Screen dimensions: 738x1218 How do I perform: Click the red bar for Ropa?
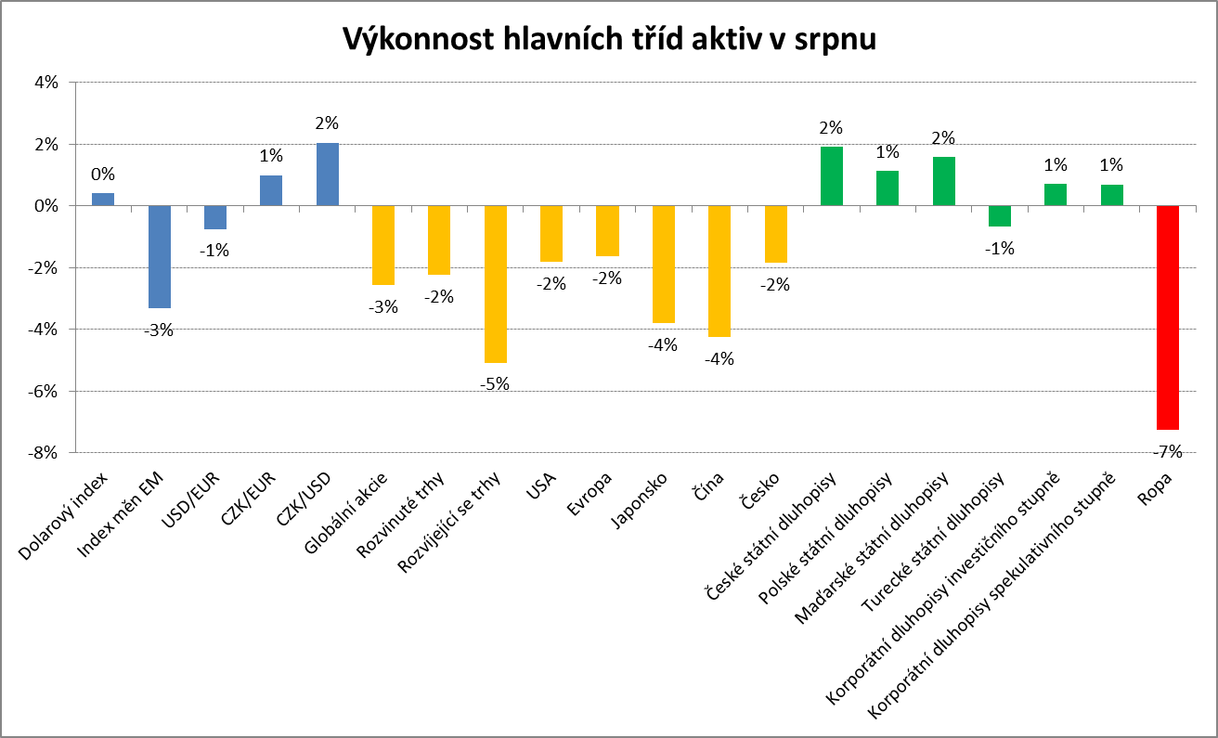(1167, 317)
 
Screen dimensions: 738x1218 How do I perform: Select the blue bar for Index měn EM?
(160, 256)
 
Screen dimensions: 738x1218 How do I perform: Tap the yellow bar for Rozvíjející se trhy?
(495, 283)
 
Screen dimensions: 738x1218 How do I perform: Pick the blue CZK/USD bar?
(328, 175)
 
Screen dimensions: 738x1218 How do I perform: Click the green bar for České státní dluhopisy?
(831, 176)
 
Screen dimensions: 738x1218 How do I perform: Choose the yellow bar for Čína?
(719, 271)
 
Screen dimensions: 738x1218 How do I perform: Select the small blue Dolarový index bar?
(103, 199)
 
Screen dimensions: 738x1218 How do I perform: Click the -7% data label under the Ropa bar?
(1167, 452)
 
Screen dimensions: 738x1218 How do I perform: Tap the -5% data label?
(495, 383)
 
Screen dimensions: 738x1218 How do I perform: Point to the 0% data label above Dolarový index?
(103, 174)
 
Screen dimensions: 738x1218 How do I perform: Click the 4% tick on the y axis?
(46, 83)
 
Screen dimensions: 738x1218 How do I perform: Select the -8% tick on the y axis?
(44, 453)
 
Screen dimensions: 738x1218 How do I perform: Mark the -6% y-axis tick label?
(44, 391)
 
